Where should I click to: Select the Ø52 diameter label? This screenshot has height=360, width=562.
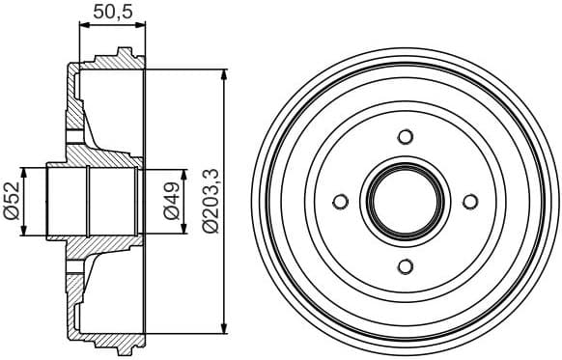[13, 202]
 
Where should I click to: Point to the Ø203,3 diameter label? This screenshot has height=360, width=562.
[210, 202]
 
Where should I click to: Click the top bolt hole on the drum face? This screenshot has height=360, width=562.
[406, 136]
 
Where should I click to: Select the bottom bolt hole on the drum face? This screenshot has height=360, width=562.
[406, 266]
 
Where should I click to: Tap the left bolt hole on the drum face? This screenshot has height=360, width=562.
[340, 202]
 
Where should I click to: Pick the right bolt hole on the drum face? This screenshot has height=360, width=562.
[470, 202]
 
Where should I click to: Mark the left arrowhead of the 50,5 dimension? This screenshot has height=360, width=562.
[82, 29]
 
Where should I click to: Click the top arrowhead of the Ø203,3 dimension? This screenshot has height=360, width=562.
[224, 74]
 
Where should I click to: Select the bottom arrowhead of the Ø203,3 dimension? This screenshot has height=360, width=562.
[224, 329]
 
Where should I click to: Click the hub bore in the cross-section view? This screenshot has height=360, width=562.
[92, 202]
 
